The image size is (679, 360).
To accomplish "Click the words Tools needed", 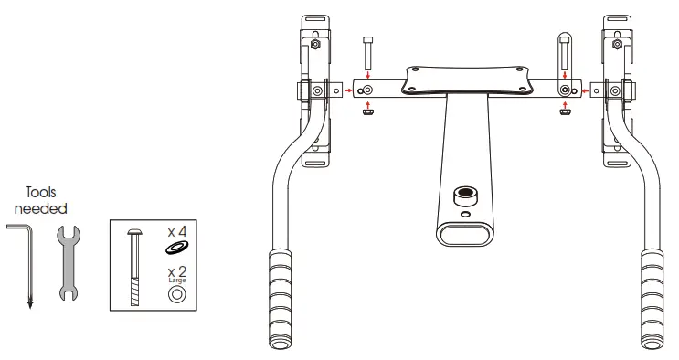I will click(x=41, y=200).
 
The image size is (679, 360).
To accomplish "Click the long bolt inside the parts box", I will click(x=135, y=270).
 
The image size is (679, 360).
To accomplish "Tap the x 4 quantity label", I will click(x=175, y=231).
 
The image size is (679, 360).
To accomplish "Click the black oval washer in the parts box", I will click(x=175, y=248).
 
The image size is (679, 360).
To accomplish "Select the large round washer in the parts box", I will click(x=175, y=295).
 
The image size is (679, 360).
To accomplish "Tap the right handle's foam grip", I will click(x=652, y=297).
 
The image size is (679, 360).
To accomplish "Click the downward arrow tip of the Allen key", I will click(x=29, y=304).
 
